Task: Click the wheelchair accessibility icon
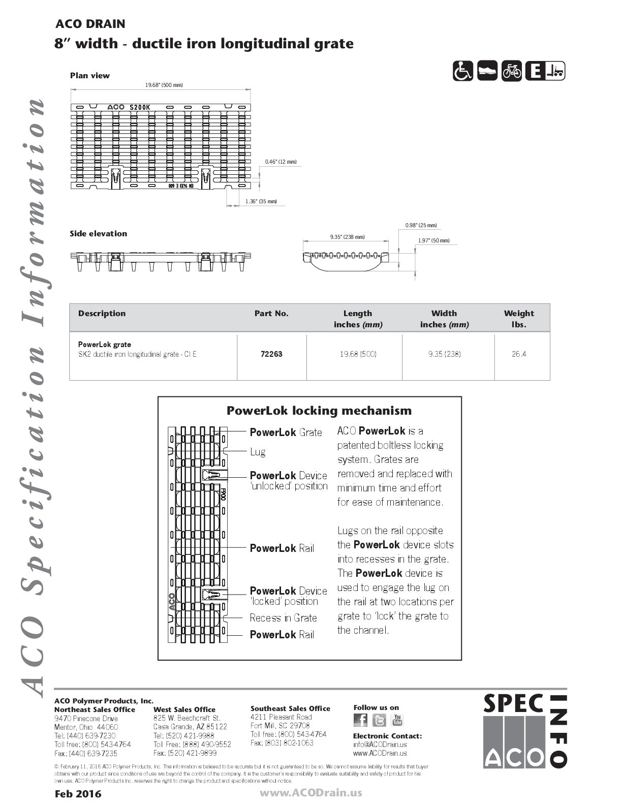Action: (463, 71)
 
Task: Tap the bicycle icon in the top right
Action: (512, 71)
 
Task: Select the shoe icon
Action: (487, 71)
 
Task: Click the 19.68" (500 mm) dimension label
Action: (164, 85)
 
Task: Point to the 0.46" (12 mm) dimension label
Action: (281, 162)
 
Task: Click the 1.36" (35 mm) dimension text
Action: (261, 201)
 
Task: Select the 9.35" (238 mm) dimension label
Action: (347, 237)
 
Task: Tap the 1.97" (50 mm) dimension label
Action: (433, 240)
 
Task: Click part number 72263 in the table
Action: (271, 354)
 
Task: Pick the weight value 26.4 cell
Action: (519, 354)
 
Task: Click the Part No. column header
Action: (271, 314)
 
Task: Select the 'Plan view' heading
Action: (90, 76)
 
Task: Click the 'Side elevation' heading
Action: (99, 234)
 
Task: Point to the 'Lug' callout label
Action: (258, 452)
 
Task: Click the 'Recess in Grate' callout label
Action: (283, 618)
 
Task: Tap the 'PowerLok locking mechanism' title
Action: (319, 411)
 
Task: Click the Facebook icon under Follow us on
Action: (360, 720)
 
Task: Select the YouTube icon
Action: (397, 720)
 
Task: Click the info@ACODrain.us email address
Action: (380, 745)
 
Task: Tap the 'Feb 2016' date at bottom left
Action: (78, 794)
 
